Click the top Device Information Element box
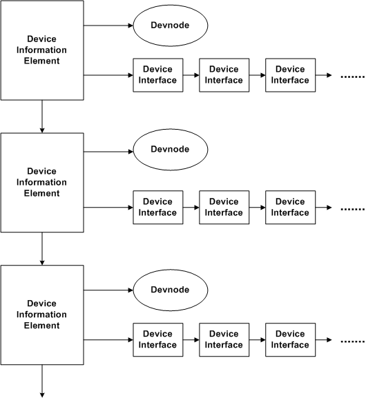tap(42, 50)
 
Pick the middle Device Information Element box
tap(42, 182)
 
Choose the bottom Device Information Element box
tap(42, 315)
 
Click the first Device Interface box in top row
tap(158, 74)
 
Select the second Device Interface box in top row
tap(224, 74)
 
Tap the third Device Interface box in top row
tap(289, 74)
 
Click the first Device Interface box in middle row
tap(158, 207)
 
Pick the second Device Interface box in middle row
tap(224, 207)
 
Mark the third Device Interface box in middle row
tap(289, 207)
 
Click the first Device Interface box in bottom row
tap(158, 339)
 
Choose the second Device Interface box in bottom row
tap(224, 339)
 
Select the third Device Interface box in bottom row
tap(289, 339)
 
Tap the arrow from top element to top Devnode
tap(108, 26)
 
